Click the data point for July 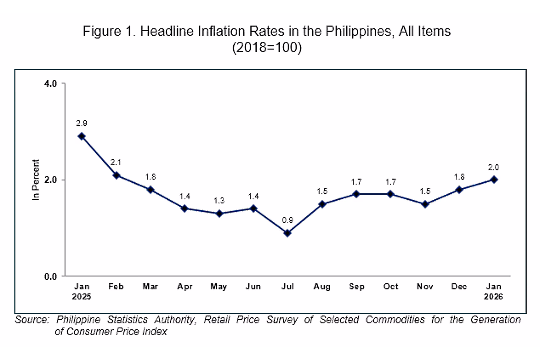click(x=287, y=233)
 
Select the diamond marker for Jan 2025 click(x=82, y=136)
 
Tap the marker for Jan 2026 click(x=494, y=179)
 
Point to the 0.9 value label click(x=287, y=220)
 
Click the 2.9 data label click(x=82, y=123)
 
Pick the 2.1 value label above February click(x=116, y=162)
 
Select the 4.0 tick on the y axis click(x=50, y=84)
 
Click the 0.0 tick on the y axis click(x=50, y=276)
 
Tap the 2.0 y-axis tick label click(x=50, y=180)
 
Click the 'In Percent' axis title click(x=36, y=180)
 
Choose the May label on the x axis click(x=219, y=287)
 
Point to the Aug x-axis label click(x=322, y=287)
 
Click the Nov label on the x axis click(x=425, y=287)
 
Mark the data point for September click(x=356, y=194)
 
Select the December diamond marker click(x=459, y=189)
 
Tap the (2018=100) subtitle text click(x=267, y=48)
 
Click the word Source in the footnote click(x=32, y=320)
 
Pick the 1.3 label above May click(x=219, y=201)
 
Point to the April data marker click(x=185, y=208)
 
